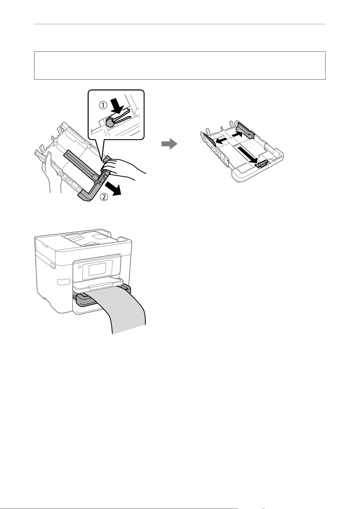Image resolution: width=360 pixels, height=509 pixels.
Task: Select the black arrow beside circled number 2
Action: (x=113, y=188)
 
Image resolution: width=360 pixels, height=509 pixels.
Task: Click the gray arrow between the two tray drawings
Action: (x=169, y=144)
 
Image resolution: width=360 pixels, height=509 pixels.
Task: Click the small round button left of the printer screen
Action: (x=79, y=267)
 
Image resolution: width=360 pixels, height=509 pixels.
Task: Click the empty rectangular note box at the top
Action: (x=180, y=65)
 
